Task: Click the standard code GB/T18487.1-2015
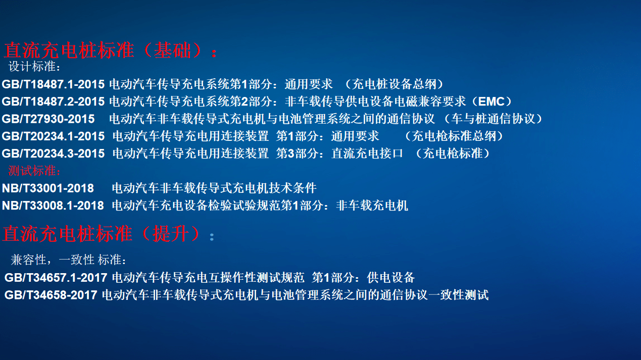click(x=53, y=84)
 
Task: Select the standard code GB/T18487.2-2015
click(x=53, y=102)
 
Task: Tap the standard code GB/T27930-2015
click(x=48, y=119)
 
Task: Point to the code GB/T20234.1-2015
click(x=53, y=136)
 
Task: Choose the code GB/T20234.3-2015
click(x=53, y=153)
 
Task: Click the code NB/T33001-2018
click(x=48, y=188)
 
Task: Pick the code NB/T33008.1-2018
click(x=53, y=206)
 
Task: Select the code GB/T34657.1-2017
click(x=56, y=278)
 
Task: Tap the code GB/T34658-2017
click(x=51, y=295)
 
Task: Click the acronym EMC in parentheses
click(x=491, y=102)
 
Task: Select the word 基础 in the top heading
click(x=172, y=50)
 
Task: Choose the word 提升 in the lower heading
click(x=171, y=234)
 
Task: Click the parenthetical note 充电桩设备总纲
click(x=395, y=84)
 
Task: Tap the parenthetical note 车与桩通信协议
click(x=494, y=119)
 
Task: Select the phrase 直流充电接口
click(x=367, y=153)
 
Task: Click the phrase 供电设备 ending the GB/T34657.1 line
click(x=391, y=278)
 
